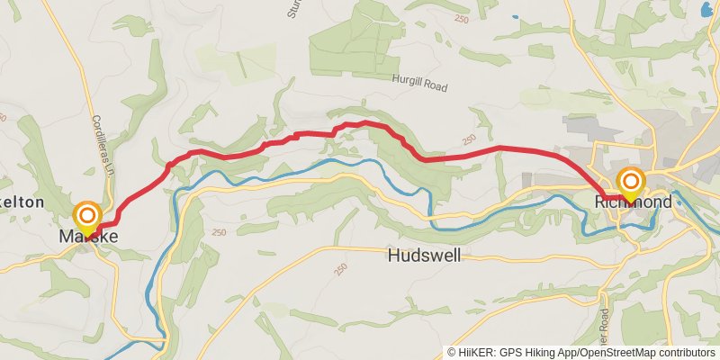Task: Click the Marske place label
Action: pyautogui.click(x=88, y=237)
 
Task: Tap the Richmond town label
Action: pyautogui.click(x=634, y=202)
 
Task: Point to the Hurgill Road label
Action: pyautogui.click(x=419, y=78)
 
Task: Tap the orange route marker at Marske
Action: pyautogui.click(x=86, y=215)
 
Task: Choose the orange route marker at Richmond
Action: pyautogui.click(x=630, y=181)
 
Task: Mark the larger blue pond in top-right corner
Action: pyautogui.click(x=705, y=9)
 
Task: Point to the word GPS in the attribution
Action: pyautogui.click(x=508, y=353)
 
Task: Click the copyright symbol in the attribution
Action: pyautogui.click(x=452, y=353)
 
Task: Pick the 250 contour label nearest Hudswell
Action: pyautogui.click(x=339, y=270)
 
